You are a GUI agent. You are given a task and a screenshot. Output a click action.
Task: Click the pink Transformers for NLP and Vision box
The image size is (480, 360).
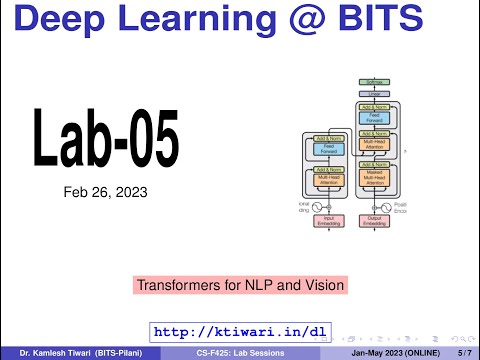[240, 285]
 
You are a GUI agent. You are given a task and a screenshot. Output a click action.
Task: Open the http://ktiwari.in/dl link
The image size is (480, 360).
[239, 331]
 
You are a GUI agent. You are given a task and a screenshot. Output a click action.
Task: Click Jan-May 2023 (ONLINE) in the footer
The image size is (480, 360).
[385, 353]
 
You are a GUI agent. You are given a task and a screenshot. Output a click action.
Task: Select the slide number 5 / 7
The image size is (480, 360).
[462, 353]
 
